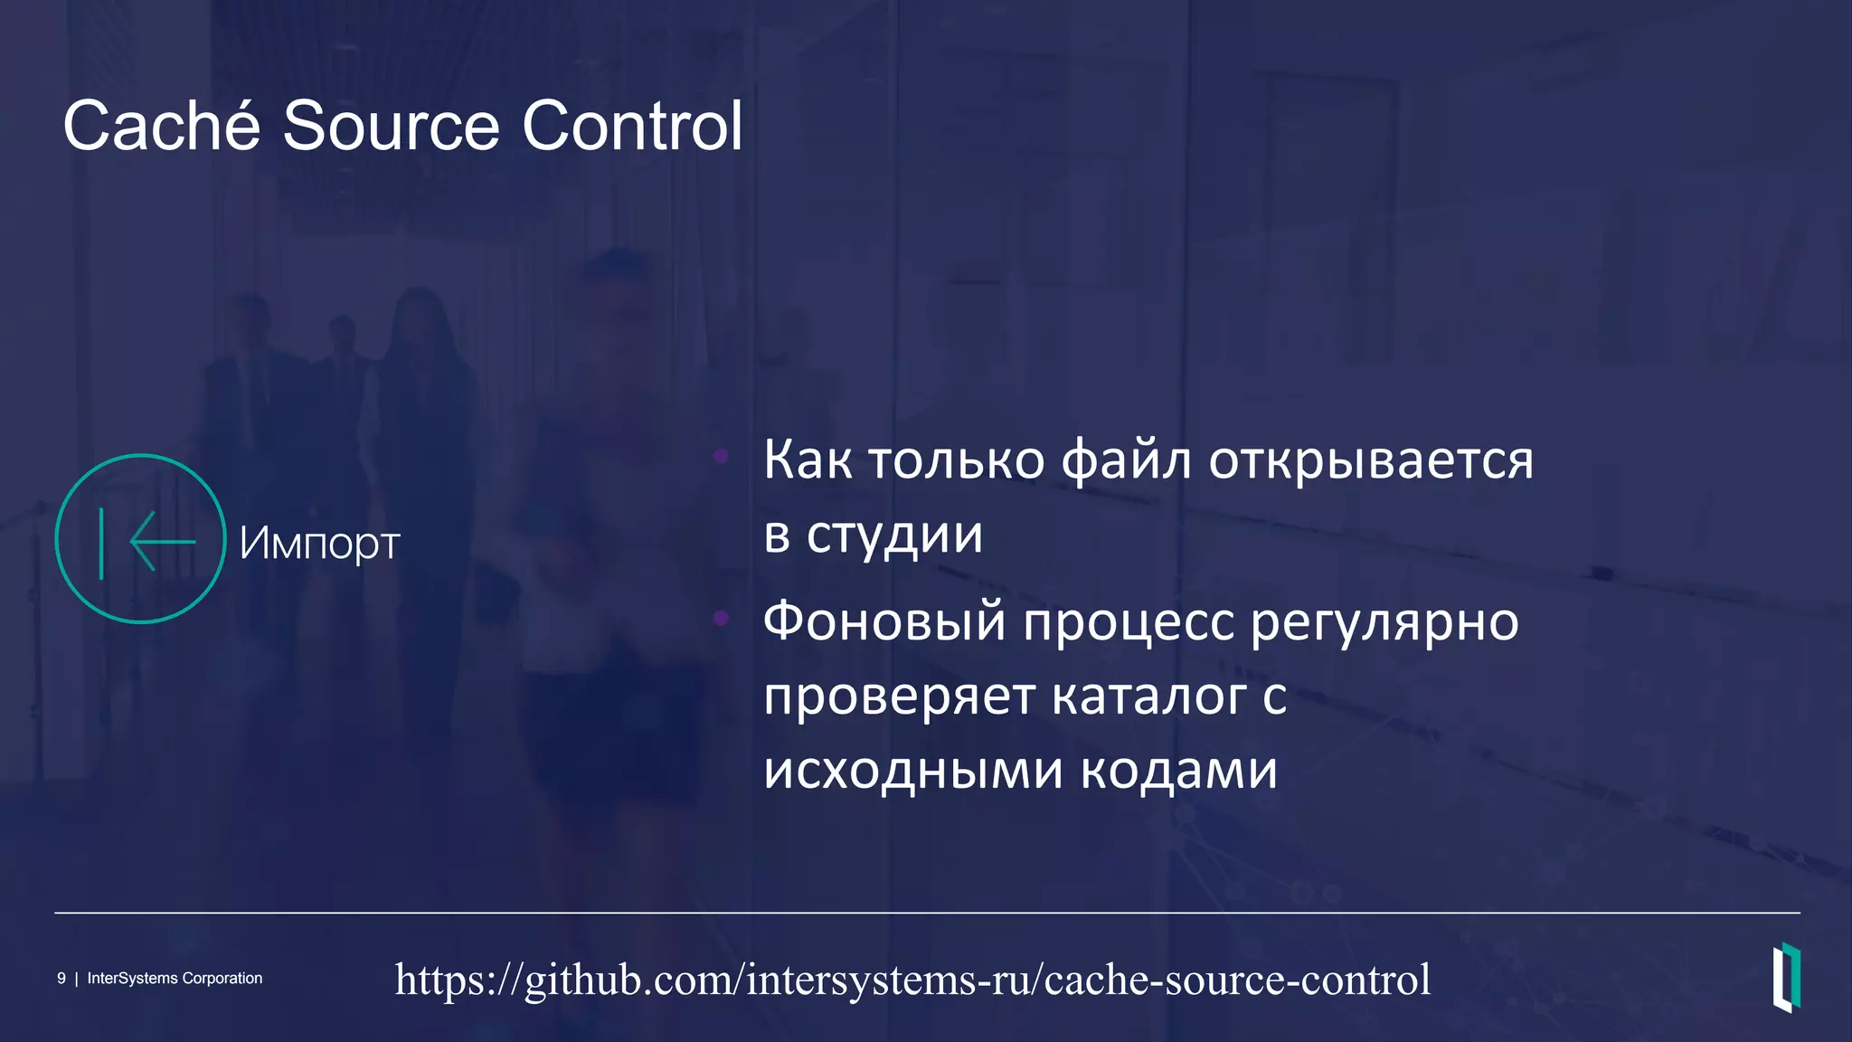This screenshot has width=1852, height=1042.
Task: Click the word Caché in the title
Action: point(162,126)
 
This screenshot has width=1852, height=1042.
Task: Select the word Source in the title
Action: point(391,126)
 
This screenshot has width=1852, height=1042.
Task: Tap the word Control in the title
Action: point(632,126)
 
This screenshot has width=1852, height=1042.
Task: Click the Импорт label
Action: point(319,543)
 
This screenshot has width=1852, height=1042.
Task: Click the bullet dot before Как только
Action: point(721,456)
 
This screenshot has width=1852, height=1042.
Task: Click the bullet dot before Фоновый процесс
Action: point(721,618)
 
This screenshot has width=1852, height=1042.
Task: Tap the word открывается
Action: point(1371,459)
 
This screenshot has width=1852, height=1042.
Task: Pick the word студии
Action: point(894,535)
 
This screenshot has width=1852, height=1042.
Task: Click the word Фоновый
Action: point(884,622)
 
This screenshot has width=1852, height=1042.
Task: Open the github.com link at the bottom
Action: point(912,980)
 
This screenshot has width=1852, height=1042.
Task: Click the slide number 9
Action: point(61,979)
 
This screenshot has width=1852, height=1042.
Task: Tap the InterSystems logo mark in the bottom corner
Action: point(1786,977)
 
